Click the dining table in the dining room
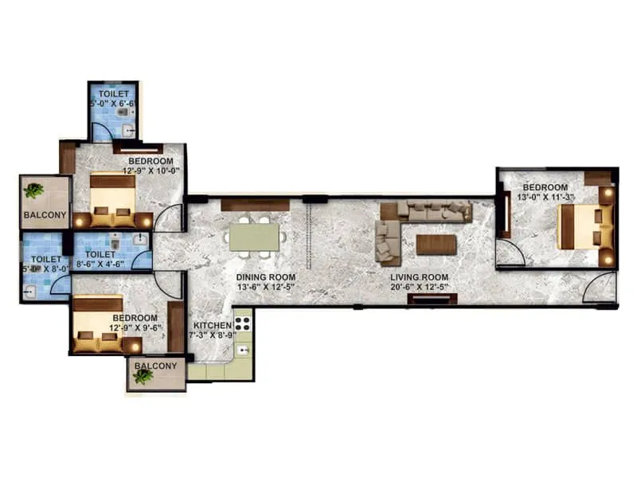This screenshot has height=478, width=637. tap(254, 236)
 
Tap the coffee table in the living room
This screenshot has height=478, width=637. tap(436, 245)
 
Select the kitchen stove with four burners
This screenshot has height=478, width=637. tap(242, 324)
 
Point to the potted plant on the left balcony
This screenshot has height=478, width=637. tap(33, 191)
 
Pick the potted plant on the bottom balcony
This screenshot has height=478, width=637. tap(144, 377)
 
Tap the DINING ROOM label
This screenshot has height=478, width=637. tap(266, 277)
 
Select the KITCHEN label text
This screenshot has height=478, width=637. tap(212, 326)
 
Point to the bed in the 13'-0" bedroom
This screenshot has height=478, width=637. tap(585, 227)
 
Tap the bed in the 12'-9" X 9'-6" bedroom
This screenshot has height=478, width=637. tap(99, 327)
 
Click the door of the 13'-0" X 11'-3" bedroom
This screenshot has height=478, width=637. tap(510, 253)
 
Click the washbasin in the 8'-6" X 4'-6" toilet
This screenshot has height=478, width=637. tap(140, 240)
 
